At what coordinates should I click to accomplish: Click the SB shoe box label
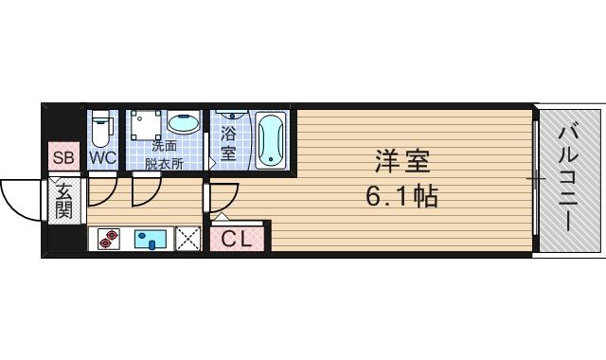63,157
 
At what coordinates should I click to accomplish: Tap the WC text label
102,157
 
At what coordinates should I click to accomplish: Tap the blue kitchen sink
151,239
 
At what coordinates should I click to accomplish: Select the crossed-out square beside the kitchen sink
188,239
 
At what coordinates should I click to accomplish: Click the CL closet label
237,240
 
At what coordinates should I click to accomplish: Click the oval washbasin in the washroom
183,124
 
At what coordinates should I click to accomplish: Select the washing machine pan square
146,126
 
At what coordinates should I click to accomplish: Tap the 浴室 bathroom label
228,142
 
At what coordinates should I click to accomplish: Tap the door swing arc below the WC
103,191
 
